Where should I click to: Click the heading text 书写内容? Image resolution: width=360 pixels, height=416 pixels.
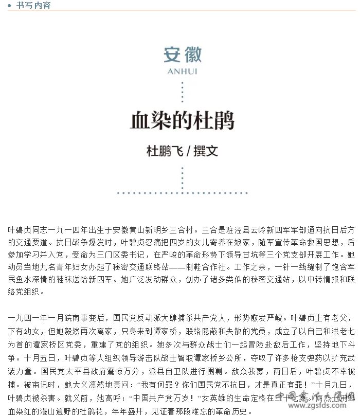click(x=33, y=5)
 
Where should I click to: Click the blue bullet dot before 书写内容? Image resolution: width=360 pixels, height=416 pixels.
click(x=9, y=6)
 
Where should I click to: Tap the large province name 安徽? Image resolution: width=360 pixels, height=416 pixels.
click(x=183, y=55)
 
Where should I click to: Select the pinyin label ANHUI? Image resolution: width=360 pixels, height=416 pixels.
click(x=183, y=71)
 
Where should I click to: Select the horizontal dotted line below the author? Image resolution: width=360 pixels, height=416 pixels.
click(x=183, y=193)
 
